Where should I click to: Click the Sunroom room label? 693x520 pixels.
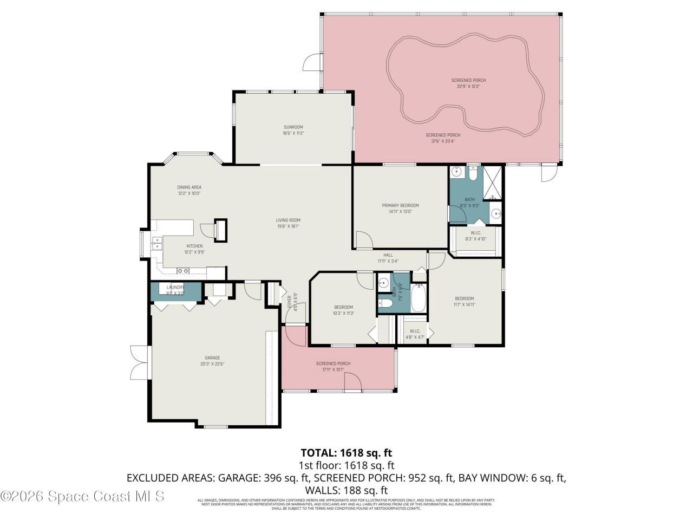293,130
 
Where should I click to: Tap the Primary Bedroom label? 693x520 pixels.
400,209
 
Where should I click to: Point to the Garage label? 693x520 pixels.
212,361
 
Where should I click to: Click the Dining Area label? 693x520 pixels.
189,190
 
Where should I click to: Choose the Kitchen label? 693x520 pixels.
194,249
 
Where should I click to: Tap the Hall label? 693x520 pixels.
388,258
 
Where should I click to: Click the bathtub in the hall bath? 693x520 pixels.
419,298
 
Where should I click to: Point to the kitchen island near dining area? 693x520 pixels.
221,230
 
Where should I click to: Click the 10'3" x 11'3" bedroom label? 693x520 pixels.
343,310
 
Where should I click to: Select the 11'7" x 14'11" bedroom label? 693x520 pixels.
464,301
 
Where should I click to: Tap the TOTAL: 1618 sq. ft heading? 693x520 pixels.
346,452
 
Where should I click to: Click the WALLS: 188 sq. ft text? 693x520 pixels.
346,490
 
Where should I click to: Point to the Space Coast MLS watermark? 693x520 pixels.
82,496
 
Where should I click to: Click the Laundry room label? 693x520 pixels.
175,290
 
